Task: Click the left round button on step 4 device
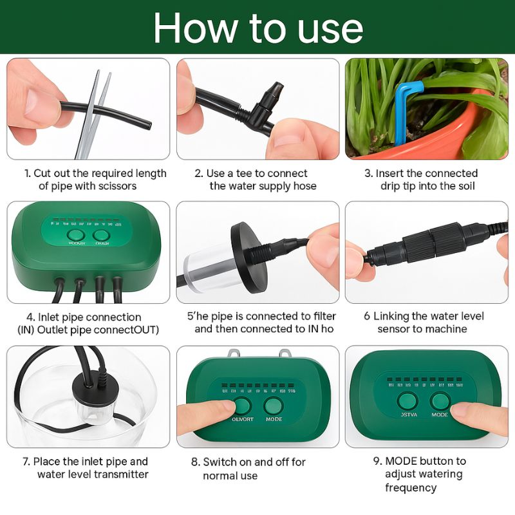point(76,236)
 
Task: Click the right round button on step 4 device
point(101,236)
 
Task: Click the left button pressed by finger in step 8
point(242,406)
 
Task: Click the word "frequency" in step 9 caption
point(411,487)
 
